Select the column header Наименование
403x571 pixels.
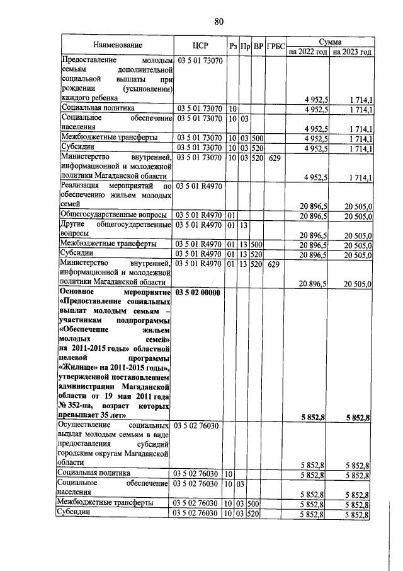118,45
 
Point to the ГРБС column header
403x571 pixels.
275,45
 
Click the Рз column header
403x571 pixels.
233,45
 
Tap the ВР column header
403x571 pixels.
258,45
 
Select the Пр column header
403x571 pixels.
246,45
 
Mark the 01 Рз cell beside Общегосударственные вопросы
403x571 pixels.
232,216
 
